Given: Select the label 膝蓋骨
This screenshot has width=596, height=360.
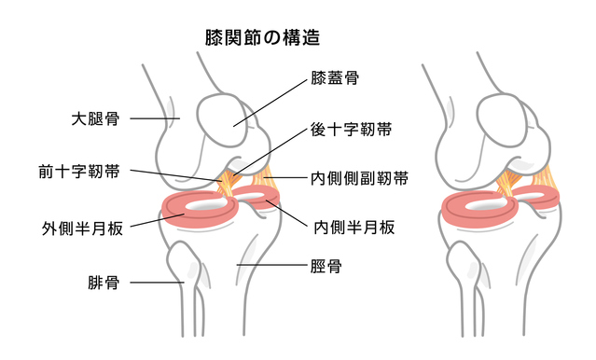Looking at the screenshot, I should point(335,81).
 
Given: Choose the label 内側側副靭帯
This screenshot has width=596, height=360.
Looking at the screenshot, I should point(359,176).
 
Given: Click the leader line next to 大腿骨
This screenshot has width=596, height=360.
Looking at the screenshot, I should point(154,119).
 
